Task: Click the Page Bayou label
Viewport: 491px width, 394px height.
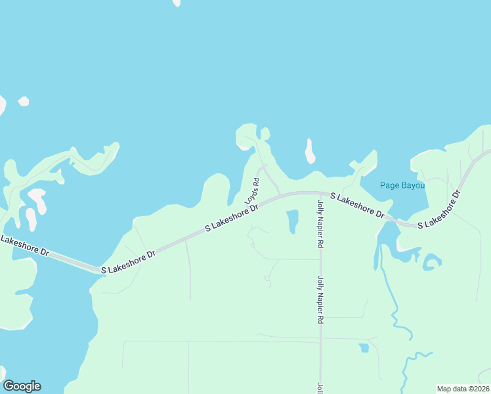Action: click(402, 185)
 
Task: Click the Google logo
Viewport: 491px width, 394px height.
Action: click(22, 386)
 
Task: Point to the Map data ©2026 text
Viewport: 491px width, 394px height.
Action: click(463, 389)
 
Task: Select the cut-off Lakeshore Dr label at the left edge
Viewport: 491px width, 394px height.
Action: click(25, 246)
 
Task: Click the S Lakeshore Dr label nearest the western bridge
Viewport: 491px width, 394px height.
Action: click(127, 262)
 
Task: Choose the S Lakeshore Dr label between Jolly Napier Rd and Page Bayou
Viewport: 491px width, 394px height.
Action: click(357, 205)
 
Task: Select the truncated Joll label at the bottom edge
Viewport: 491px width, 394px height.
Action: click(320, 388)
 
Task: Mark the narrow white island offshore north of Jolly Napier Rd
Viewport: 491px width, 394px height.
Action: click(309, 151)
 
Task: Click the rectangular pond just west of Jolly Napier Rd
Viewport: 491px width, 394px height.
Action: click(292, 221)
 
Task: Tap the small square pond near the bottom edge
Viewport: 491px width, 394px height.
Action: click(363, 347)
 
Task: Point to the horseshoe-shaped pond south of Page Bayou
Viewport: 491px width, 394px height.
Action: click(431, 263)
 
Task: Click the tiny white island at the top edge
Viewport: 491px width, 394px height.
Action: click(176, 3)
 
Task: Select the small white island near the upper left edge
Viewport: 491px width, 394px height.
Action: click(24, 101)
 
